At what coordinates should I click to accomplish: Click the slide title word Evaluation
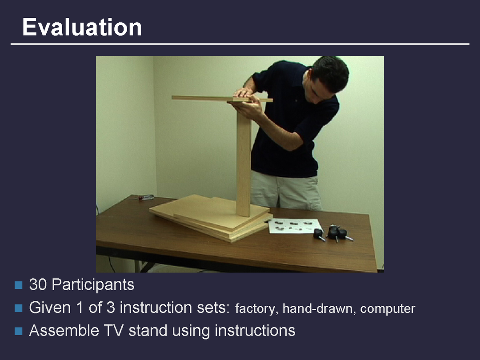(x=82, y=27)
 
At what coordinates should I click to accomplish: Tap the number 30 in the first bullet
(x=38, y=285)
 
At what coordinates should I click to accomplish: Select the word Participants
(x=93, y=285)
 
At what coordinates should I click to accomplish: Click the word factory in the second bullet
(x=255, y=309)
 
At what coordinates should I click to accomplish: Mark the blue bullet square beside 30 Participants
(x=18, y=285)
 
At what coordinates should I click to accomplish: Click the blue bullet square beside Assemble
(x=18, y=331)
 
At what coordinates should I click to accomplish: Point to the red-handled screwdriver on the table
(x=146, y=197)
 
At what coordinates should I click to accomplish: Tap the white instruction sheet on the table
(x=295, y=226)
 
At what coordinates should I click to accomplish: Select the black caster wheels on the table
(x=333, y=234)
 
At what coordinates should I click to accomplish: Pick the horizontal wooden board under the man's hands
(x=222, y=99)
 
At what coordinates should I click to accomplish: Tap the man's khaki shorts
(x=285, y=190)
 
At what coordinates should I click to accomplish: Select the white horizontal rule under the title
(x=240, y=44)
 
